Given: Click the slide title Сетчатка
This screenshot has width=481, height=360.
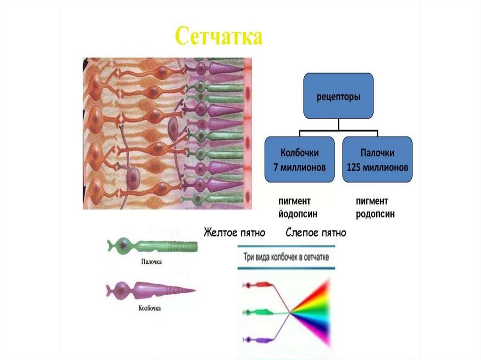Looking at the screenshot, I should pos(218,37).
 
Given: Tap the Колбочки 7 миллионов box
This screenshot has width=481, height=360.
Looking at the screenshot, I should pos(300,160).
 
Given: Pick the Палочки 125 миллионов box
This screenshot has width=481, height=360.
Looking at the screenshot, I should pos(377,160).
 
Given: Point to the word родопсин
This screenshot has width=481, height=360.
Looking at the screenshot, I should pos(375,214).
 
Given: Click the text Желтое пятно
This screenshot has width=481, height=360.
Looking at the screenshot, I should pos(234,232).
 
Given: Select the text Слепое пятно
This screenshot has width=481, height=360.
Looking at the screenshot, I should pos(316,232).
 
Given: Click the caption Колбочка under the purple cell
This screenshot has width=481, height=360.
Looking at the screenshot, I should pos(150,308).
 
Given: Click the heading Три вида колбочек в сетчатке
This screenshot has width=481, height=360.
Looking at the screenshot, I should pos(287,257).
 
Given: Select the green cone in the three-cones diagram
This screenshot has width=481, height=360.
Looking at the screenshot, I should pos(257,312).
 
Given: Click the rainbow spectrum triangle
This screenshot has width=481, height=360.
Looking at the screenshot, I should pos(314,311).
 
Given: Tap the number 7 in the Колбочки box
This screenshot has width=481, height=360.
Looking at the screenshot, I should pos(276,167).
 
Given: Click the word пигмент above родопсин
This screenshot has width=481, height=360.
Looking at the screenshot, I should pos(372,201).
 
